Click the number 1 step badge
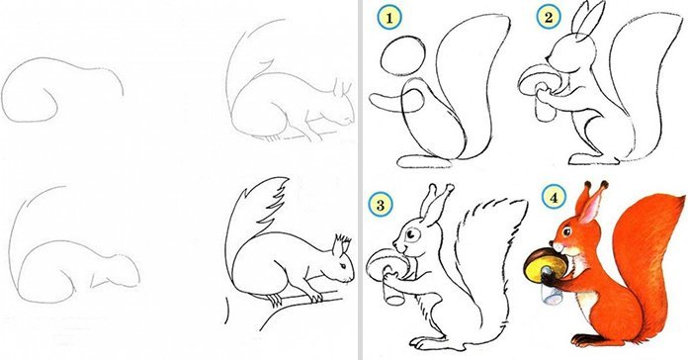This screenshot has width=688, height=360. click(x=389, y=19)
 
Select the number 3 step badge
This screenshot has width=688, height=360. click(x=381, y=205)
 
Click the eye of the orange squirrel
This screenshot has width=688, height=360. click(x=567, y=231)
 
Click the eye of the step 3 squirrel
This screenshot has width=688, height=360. click(x=411, y=235)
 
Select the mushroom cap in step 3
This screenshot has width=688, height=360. click(x=387, y=262)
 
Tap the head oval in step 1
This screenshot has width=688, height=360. click(x=403, y=56)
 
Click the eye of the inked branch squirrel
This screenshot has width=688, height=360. click(x=344, y=266)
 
